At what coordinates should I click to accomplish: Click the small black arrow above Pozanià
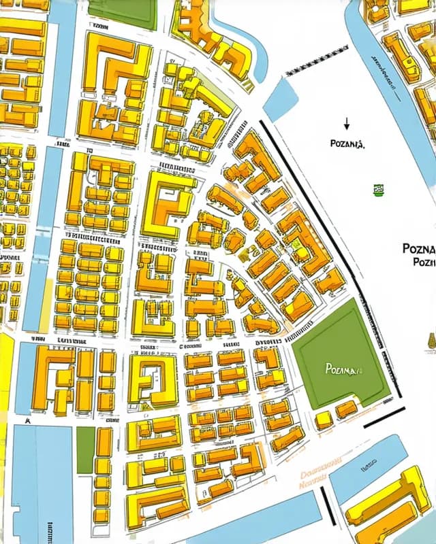[x=346, y=124]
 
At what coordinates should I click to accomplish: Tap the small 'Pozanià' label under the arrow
[x=347, y=144]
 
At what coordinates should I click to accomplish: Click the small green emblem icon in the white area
[x=377, y=190]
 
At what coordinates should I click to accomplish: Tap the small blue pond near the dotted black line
[x=280, y=99]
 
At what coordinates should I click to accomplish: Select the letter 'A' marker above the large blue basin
[x=28, y=421]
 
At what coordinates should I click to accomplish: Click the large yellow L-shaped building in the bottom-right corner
[x=388, y=507]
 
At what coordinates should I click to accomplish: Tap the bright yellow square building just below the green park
[x=324, y=420]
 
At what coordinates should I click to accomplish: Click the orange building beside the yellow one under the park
[x=346, y=409]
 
